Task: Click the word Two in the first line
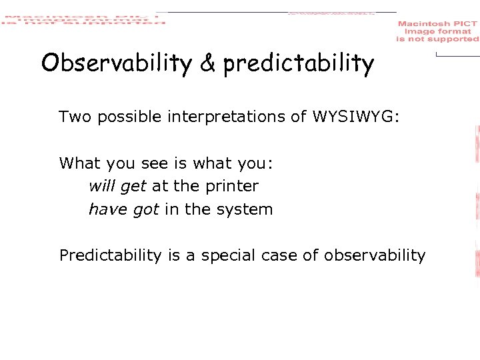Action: click(75, 117)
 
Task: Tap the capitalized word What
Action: click(78, 163)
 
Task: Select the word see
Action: click(147, 163)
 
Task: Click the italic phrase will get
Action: click(117, 187)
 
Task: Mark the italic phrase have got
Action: click(123, 209)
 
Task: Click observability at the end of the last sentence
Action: click(375, 256)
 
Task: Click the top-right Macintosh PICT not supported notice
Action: click(437, 31)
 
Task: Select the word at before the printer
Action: click(160, 187)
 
